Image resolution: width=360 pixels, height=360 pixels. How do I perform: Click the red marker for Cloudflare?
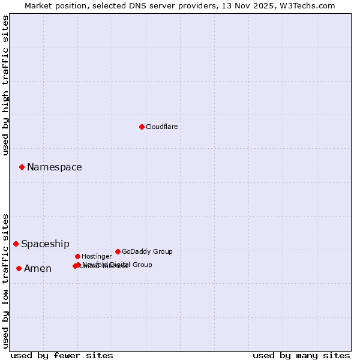point(142,127)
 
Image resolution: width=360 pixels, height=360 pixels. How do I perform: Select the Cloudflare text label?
point(161,127)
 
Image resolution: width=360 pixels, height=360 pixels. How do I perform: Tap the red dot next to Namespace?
point(22,167)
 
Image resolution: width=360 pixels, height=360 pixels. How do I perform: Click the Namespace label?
point(54,167)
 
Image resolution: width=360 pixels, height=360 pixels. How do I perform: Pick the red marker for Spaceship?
point(16,244)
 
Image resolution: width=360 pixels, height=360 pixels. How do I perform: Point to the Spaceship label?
point(45,244)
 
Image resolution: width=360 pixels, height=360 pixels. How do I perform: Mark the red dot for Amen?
point(19,268)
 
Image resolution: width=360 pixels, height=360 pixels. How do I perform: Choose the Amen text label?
point(37,269)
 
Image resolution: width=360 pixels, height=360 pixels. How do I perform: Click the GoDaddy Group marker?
point(118,251)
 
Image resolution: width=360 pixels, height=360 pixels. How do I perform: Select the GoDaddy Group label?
point(147,252)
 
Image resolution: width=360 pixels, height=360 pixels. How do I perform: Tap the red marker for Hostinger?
point(77,256)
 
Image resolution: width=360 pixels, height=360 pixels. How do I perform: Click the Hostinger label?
point(97,257)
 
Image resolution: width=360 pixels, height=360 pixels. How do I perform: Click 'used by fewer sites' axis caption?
point(62,355)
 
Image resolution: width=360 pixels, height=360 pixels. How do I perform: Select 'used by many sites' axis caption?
point(301,355)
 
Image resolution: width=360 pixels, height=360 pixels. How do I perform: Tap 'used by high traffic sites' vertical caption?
point(5,85)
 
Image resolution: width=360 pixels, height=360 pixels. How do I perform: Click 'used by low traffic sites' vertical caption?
point(5,280)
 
